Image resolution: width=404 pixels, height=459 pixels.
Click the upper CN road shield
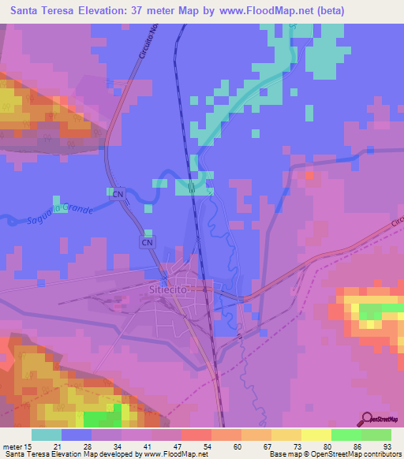click(118, 193)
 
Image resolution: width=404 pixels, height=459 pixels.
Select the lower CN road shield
click(148, 243)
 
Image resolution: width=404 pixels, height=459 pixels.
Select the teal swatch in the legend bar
click(47, 435)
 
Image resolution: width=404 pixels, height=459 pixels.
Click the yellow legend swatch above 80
click(316, 435)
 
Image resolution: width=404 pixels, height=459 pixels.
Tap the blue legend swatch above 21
click(77, 435)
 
